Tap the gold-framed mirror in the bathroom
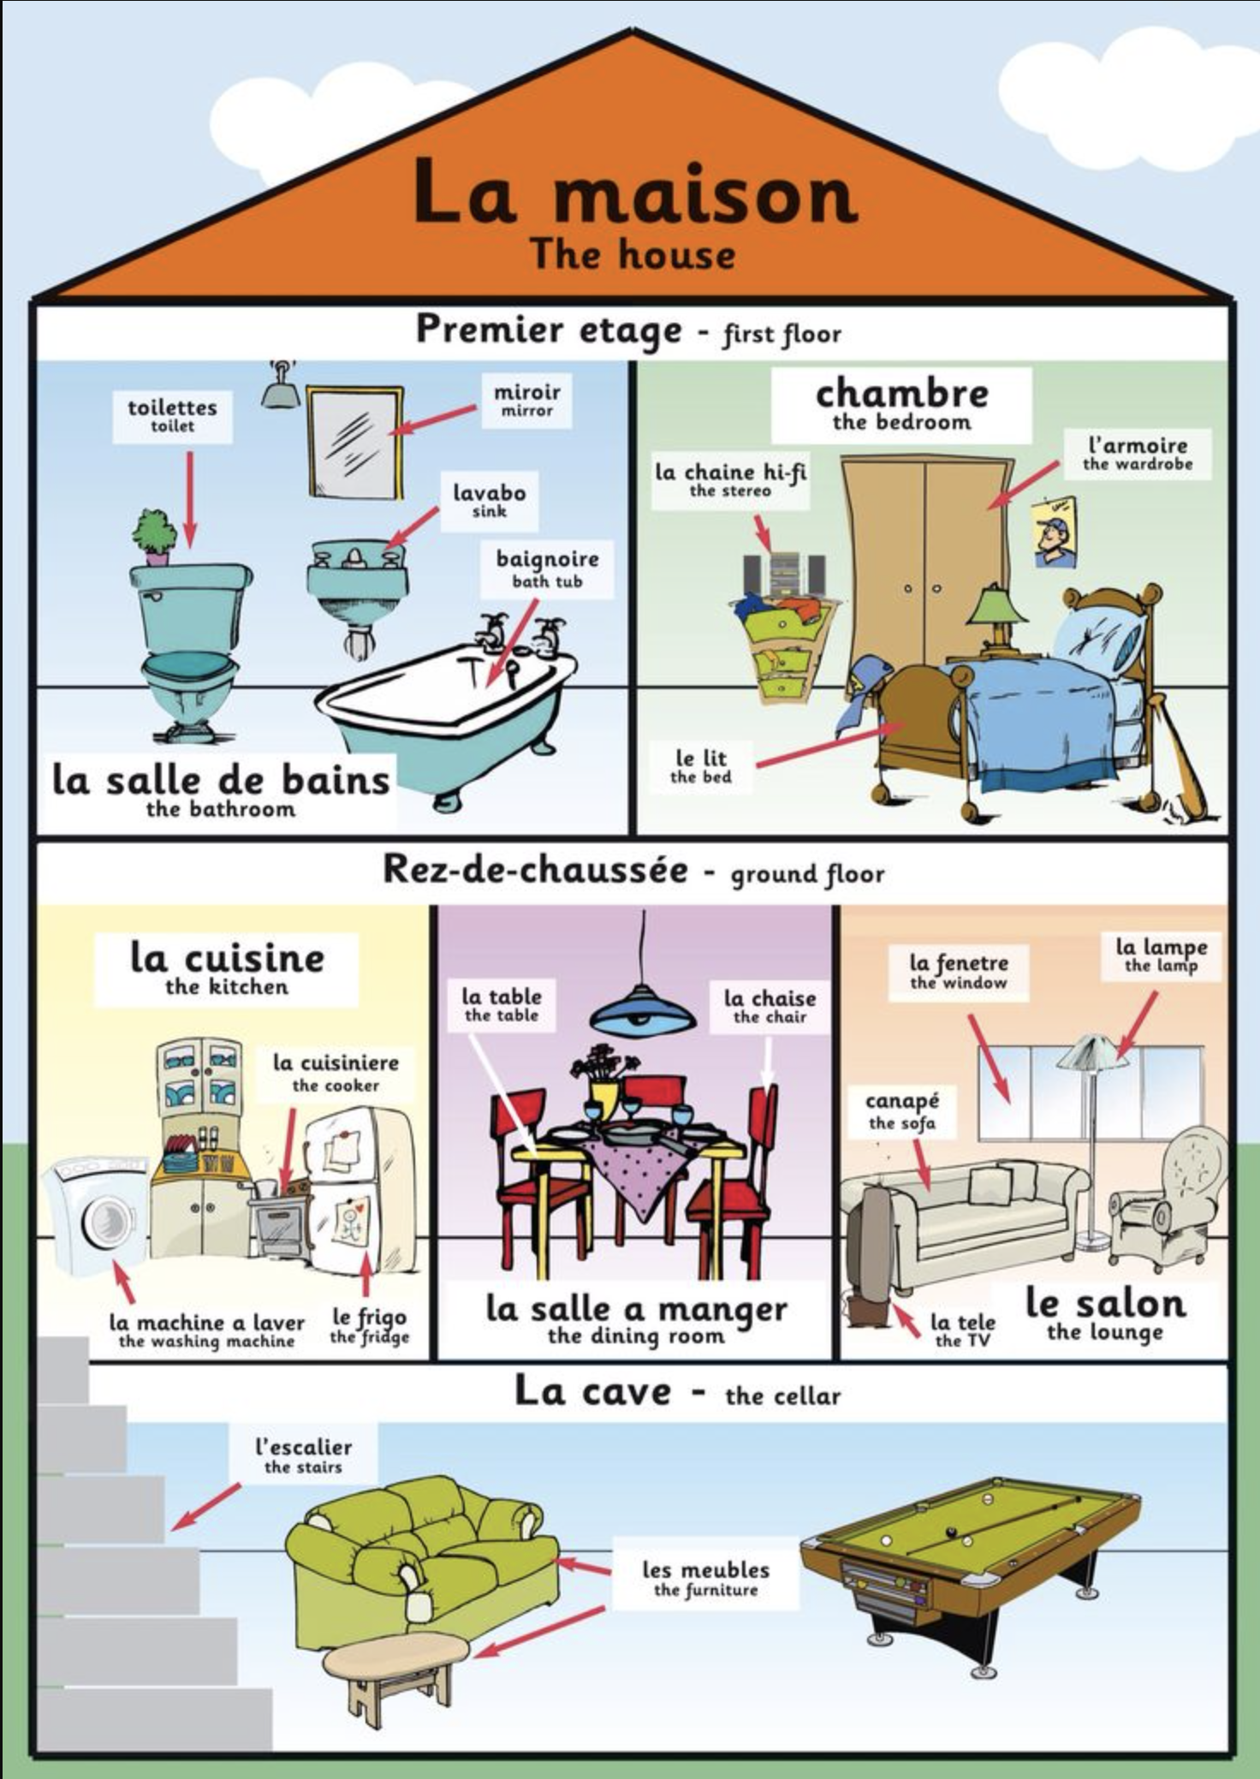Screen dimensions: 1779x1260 coord(355,441)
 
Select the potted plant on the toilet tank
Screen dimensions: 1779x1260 coord(154,535)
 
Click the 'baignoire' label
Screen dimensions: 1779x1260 coord(547,568)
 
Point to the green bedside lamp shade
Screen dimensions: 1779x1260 coord(997,607)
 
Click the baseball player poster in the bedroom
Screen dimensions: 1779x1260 coord(1054,533)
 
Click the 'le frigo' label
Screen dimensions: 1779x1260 coord(369,1325)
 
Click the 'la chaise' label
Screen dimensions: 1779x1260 coord(770,1006)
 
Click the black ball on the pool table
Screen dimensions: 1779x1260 coord(951,1531)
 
